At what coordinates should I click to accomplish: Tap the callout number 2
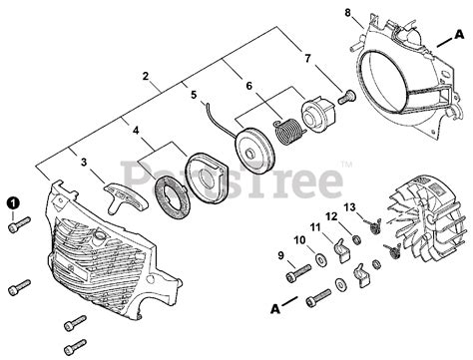coord(146,76)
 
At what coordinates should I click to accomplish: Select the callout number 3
coord(85,161)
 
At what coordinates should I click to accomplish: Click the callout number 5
coord(192,96)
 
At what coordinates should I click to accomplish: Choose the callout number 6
coord(249,87)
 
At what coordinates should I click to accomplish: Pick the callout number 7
coord(306,59)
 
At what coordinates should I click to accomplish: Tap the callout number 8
coord(347,13)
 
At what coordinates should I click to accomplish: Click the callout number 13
coord(350,206)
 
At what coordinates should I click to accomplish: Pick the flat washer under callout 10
coord(317,261)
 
